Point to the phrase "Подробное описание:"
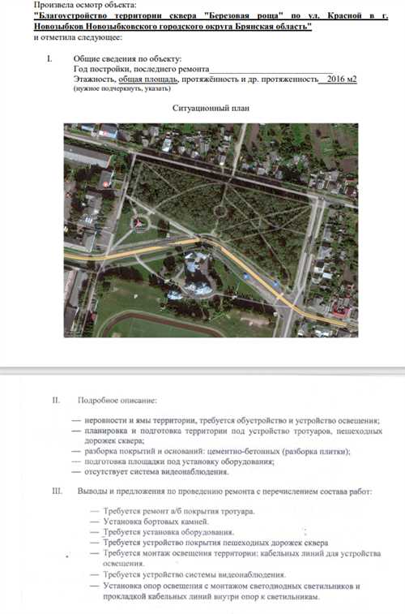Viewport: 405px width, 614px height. [117, 401]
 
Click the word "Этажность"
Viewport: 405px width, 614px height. [94, 79]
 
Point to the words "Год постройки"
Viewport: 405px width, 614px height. [98, 70]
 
